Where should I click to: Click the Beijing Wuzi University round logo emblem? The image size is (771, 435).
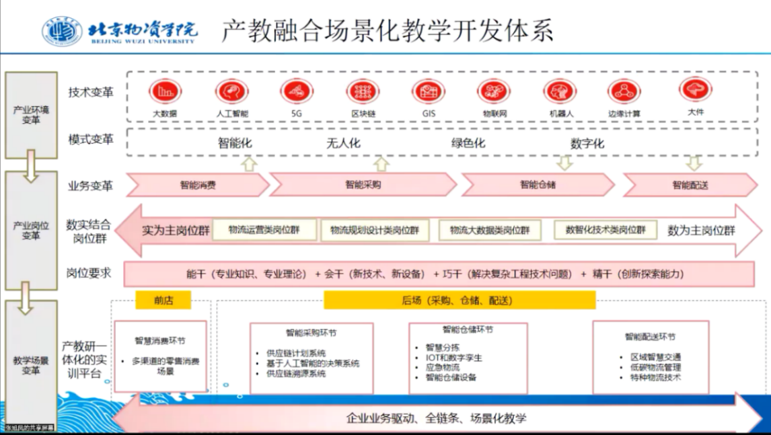click(62, 31)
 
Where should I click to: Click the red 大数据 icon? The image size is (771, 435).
click(164, 91)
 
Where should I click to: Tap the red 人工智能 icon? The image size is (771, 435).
click(231, 91)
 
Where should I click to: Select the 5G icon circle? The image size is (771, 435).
click(297, 91)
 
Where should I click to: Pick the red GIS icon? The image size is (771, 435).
click(429, 91)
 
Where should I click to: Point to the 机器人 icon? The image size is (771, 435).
click(560, 91)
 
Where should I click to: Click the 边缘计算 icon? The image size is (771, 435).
click(624, 91)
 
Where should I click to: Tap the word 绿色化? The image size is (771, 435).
click(468, 143)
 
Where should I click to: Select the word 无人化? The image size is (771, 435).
click(343, 143)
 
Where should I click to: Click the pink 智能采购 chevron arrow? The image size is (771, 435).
click(363, 184)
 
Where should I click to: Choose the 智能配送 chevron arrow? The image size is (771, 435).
click(690, 184)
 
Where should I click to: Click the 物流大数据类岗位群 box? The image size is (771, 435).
click(489, 230)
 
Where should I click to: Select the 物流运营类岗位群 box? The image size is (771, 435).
click(264, 229)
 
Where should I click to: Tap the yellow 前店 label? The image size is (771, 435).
click(163, 300)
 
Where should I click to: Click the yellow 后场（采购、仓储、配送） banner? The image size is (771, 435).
click(459, 300)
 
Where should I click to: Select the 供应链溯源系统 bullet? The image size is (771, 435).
click(296, 373)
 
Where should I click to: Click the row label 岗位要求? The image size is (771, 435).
click(89, 273)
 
